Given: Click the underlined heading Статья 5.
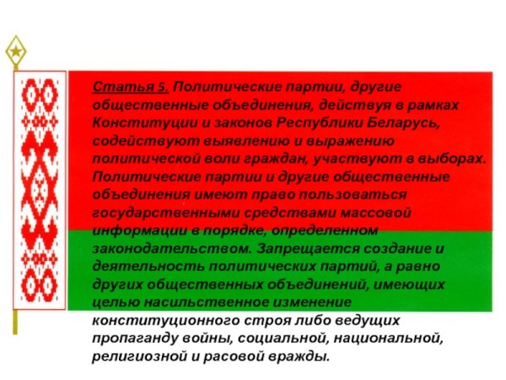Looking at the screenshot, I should (130, 88).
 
